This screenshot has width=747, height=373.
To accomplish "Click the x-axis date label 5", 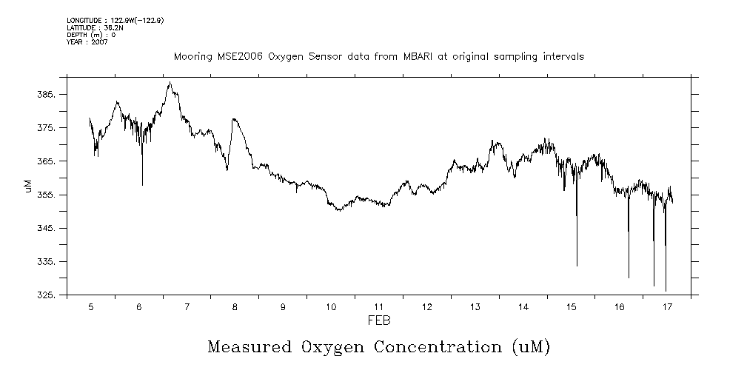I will pyautogui.click(x=90, y=306).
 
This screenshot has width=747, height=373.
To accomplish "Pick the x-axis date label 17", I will pyautogui.click(x=667, y=306).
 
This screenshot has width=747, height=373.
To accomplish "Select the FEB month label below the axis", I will pyautogui.click(x=378, y=320).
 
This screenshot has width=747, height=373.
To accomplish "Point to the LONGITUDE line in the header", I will pyautogui.click(x=115, y=21).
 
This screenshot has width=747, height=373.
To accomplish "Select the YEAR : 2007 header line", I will pyautogui.click(x=87, y=41).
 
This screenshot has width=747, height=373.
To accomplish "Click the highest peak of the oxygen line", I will pyautogui.click(x=170, y=82).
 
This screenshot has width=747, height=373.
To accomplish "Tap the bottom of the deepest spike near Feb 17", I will pyautogui.click(x=666, y=291).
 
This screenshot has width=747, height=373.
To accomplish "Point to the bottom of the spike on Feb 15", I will pyautogui.click(x=577, y=266).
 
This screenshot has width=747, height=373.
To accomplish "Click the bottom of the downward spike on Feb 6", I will pyautogui.click(x=142, y=185).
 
